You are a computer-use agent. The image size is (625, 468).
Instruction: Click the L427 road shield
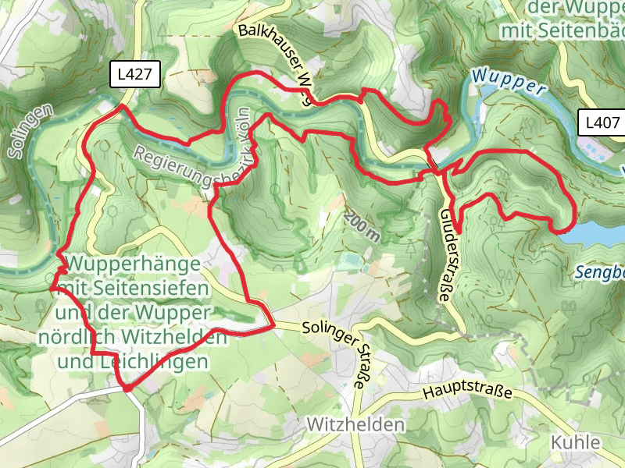pos(136,75)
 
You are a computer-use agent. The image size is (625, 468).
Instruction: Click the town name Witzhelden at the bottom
pos(356,425)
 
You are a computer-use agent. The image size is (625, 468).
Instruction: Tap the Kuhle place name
pos(576,442)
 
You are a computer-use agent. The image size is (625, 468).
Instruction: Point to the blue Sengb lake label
pos(598,272)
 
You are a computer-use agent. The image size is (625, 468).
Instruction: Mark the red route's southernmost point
pos(126,387)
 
